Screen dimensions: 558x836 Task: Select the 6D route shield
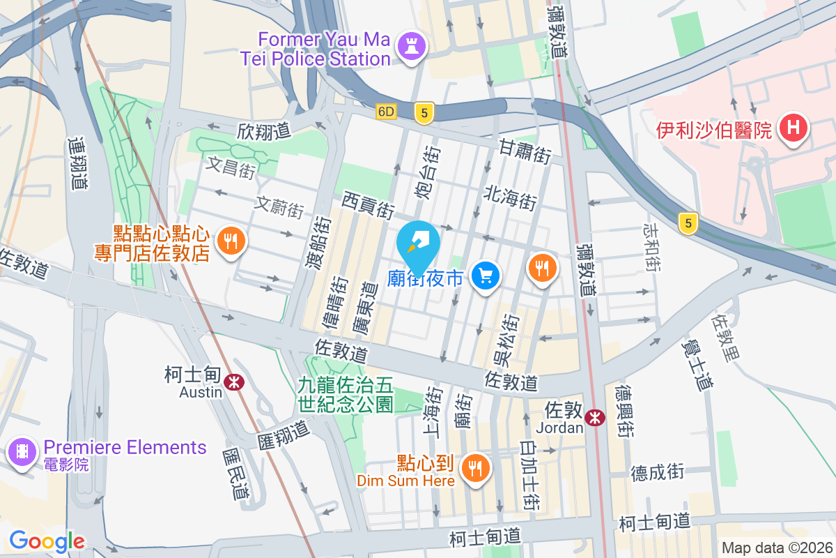click(386, 112)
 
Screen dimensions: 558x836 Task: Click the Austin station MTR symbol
click(233, 381)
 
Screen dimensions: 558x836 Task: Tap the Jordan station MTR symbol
click(595, 417)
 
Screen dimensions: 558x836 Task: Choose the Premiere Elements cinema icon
click(22, 453)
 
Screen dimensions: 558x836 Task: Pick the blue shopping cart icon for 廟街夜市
click(486, 276)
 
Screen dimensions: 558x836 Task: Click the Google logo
click(47, 541)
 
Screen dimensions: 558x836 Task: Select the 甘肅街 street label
click(525, 151)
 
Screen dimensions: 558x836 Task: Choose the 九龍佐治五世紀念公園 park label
click(346, 394)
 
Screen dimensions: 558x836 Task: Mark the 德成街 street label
click(658, 472)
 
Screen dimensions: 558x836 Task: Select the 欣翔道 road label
click(263, 130)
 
